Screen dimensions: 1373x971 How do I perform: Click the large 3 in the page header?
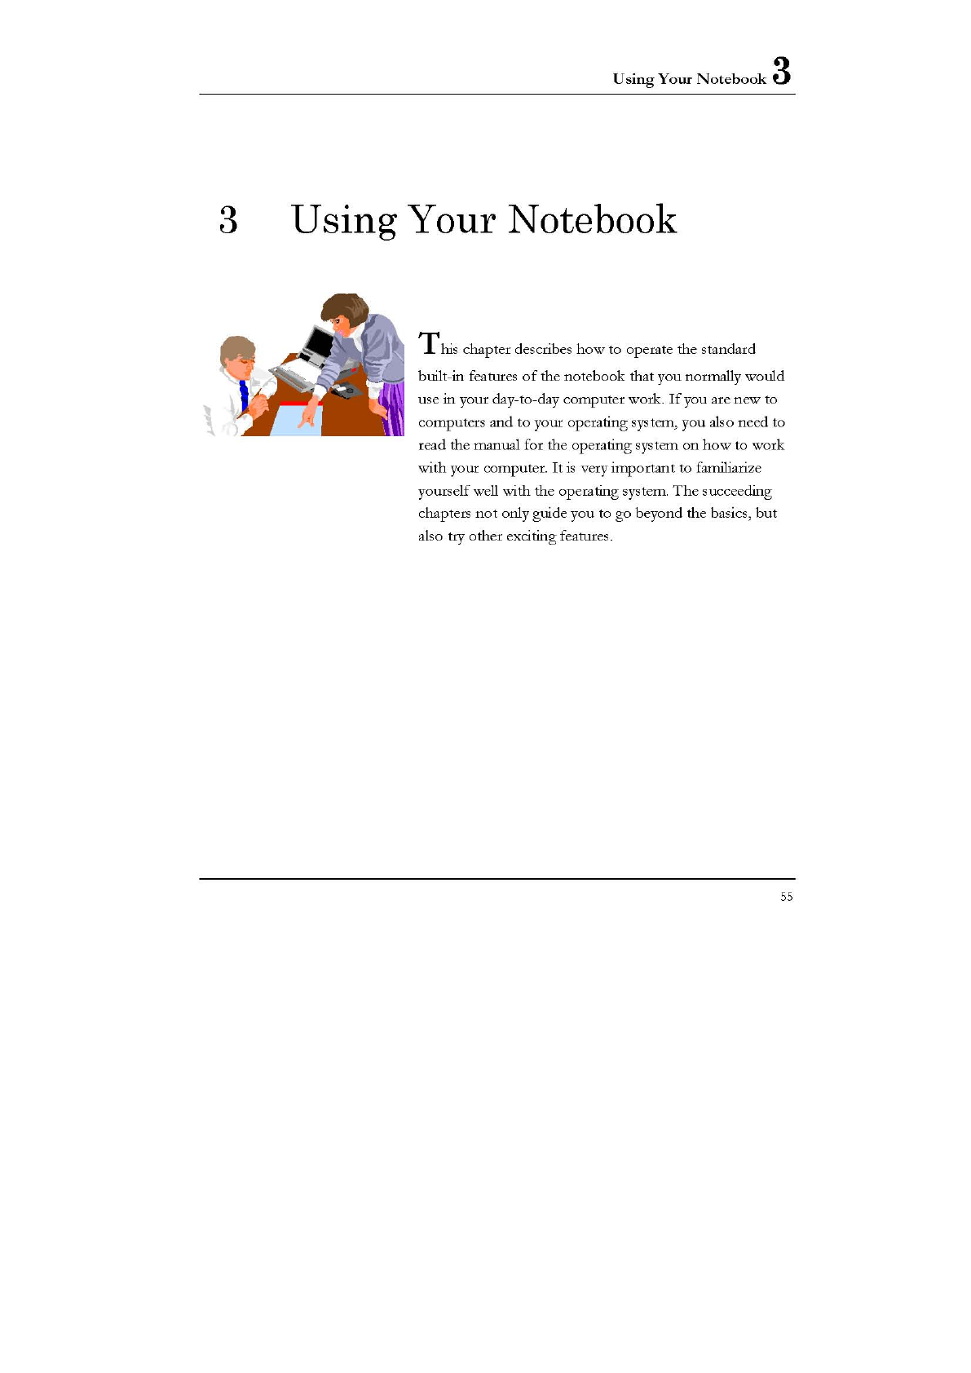[x=781, y=71]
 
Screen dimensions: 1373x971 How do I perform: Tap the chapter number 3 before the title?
[x=228, y=220]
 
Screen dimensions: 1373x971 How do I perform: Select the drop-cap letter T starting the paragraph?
[x=429, y=343]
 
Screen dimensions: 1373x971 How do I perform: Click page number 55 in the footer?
[x=786, y=897]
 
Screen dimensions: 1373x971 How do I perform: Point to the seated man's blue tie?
[x=243, y=395]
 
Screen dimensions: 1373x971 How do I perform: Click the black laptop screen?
[x=318, y=343]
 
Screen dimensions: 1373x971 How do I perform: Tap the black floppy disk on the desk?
[x=347, y=391]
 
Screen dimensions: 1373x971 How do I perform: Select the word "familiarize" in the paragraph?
[x=728, y=468]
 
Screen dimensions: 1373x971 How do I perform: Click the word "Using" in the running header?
[x=633, y=79]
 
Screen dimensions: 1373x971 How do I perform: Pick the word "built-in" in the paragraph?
[x=440, y=376]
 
